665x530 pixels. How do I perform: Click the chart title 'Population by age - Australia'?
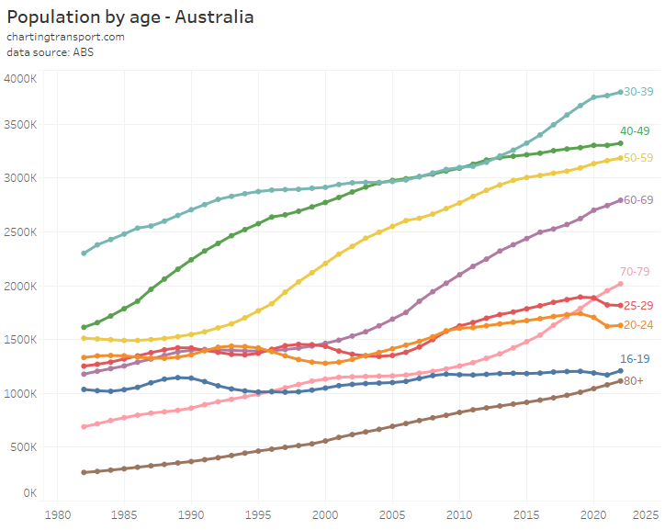click(x=130, y=17)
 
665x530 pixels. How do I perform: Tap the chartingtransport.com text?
click(x=65, y=37)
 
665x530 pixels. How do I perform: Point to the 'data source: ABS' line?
click(x=50, y=52)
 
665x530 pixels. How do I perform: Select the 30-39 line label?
click(x=640, y=92)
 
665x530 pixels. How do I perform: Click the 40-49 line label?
click(x=635, y=131)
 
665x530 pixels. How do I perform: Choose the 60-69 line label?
click(x=640, y=199)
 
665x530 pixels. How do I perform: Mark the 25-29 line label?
click(x=640, y=305)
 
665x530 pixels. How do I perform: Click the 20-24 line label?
click(x=640, y=325)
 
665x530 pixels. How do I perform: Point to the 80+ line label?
click(x=635, y=380)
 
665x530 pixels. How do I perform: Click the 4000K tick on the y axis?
click(x=19, y=79)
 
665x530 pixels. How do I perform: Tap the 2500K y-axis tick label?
click(x=19, y=232)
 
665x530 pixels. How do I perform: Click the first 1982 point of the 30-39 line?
click(x=84, y=253)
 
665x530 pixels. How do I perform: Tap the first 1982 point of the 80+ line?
click(x=84, y=472)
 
